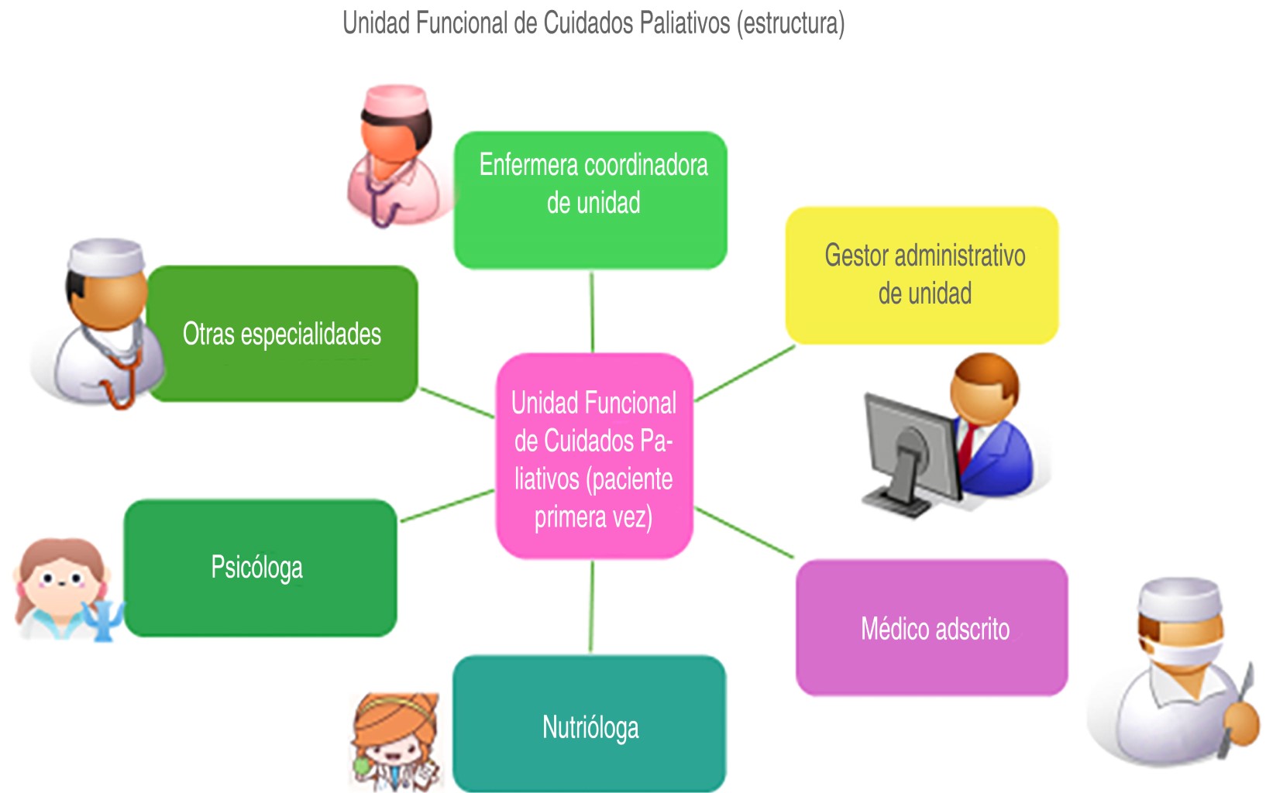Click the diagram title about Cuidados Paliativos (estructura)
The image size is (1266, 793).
(x=593, y=23)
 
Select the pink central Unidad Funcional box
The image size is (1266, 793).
(x=593, y=457)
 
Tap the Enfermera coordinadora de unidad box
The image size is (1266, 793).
(x=590, y=200)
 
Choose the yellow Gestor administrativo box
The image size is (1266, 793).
(x=922, y=275)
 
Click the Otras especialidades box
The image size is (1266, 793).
(x=282, y=334)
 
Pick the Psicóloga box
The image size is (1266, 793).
(x=260, y=568)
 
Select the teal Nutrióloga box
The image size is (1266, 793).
(x=590, y=724)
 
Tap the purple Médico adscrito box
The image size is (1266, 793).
(x=932, y=628)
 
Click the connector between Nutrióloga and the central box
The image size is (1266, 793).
(x=592, y=607)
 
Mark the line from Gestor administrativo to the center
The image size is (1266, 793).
(x=745, y=373)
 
